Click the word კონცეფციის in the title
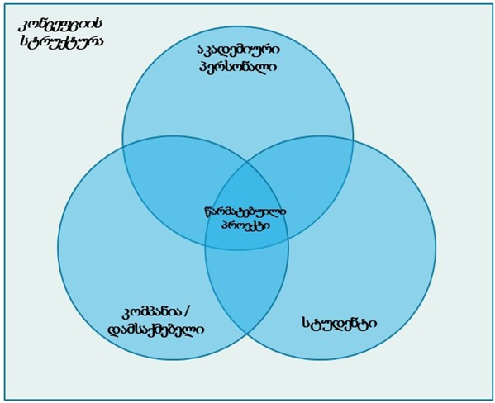[60, 26]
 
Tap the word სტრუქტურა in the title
[61, 41]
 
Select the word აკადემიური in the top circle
[238, 50]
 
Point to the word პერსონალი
[238, 67]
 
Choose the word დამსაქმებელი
[156, 330]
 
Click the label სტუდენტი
[340, 322]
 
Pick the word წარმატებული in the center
[245, 211]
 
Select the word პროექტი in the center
[245, 225]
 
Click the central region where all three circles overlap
[247, 218]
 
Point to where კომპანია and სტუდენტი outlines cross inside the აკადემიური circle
[247, 164]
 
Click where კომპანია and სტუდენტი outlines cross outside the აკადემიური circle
[247, 334]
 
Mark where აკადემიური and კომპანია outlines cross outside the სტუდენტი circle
[123, 149]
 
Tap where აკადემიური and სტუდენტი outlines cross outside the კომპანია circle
[353, 149]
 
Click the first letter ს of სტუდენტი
[306, 323]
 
